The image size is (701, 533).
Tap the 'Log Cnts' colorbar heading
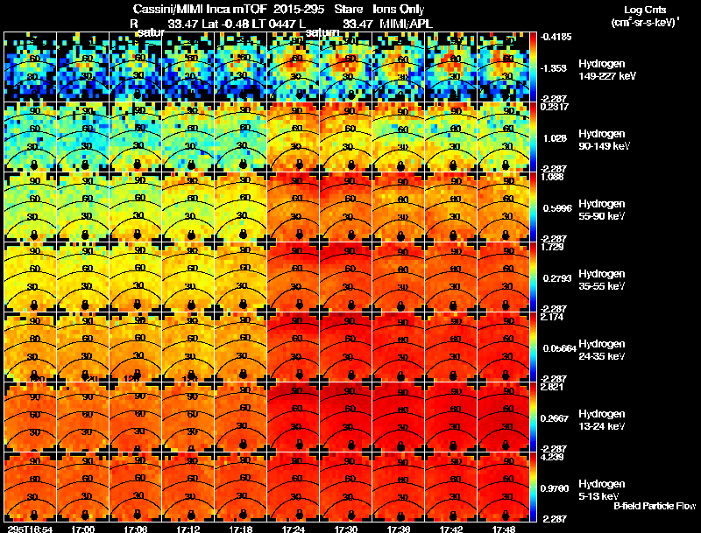pos(646,9)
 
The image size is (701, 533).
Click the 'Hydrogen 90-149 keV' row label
pos(603,140)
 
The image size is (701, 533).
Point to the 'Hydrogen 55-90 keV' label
pos(601,209)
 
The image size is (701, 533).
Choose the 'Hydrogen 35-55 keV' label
pos(601,279)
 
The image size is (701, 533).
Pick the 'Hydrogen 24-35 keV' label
pos(601,349)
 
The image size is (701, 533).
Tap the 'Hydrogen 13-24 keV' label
pos(601,419)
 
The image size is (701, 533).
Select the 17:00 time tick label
pos(83,529)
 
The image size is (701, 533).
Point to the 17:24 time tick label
pos(294,529)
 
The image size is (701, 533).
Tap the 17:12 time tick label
pos(188,529)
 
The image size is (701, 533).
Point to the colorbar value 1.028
pos(557,138)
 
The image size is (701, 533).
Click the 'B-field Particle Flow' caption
pos(655,506)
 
